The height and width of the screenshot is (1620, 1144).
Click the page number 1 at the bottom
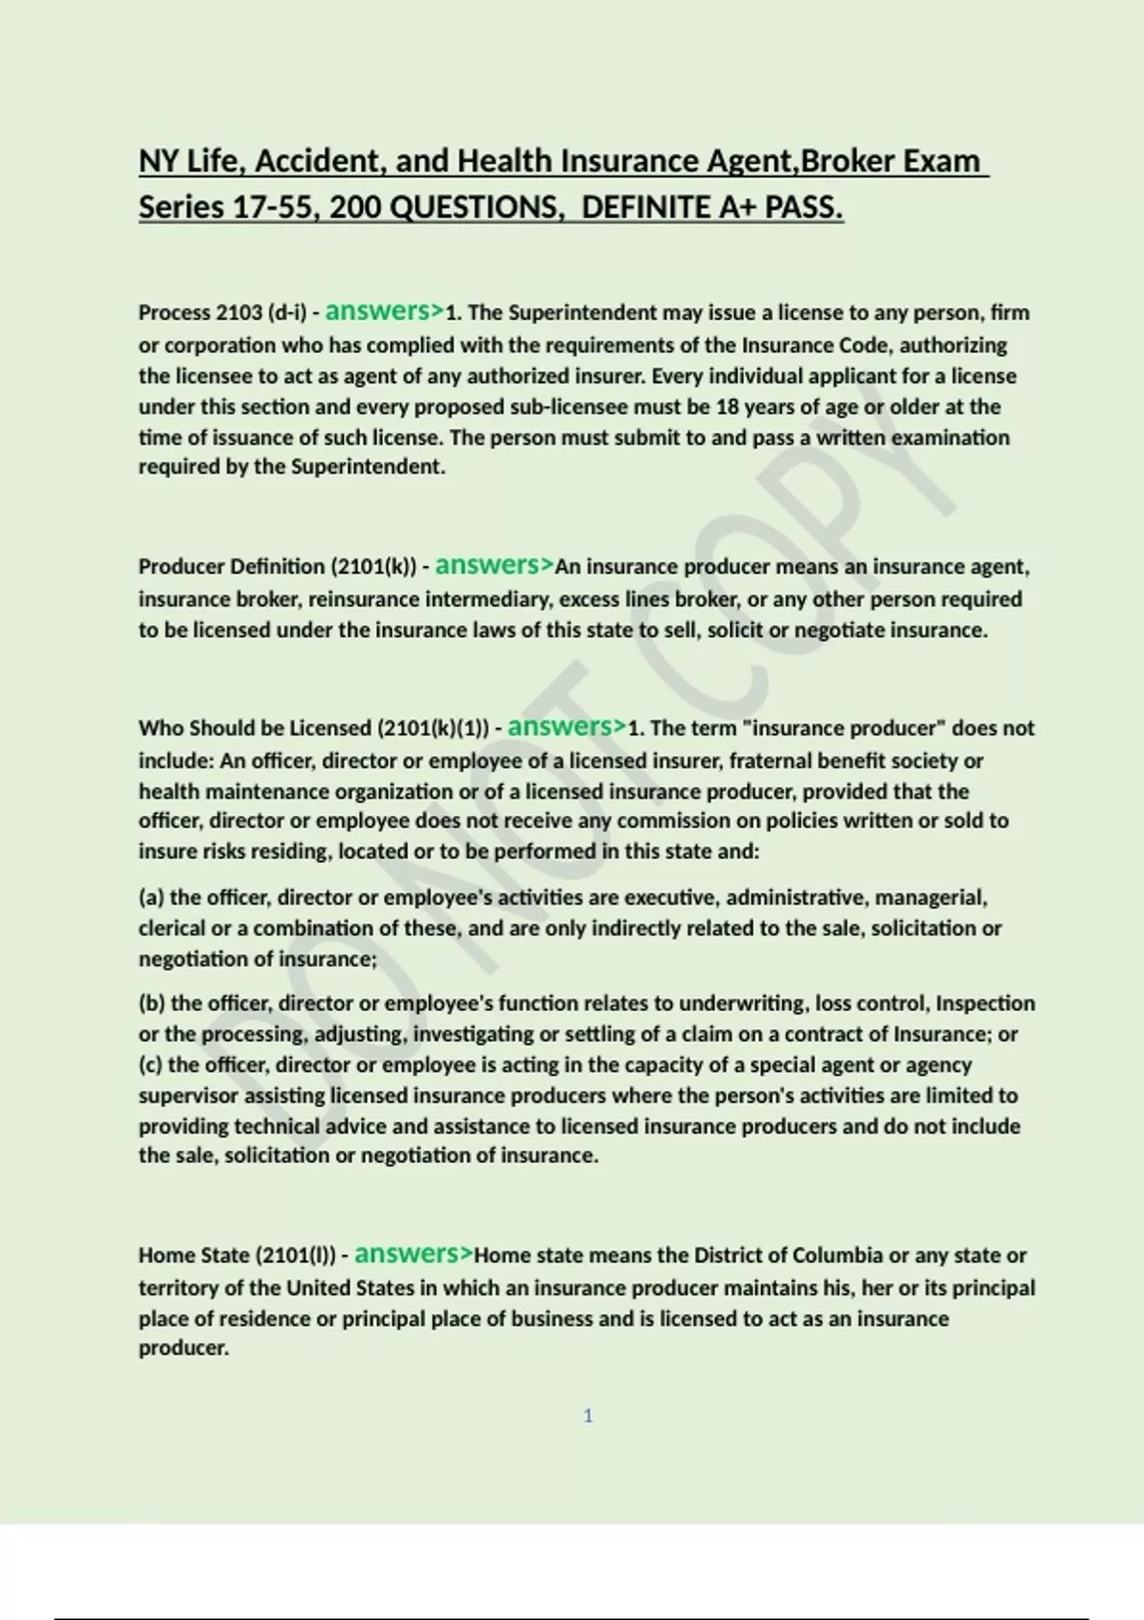587,1416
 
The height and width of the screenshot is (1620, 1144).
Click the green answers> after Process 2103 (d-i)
384,311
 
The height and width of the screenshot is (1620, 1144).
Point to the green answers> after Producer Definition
494,565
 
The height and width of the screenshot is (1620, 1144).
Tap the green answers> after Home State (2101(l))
414,1254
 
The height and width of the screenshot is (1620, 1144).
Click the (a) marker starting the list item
151,898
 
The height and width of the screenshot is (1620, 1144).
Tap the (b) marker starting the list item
152,1003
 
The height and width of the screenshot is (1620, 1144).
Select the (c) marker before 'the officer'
151,1064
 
